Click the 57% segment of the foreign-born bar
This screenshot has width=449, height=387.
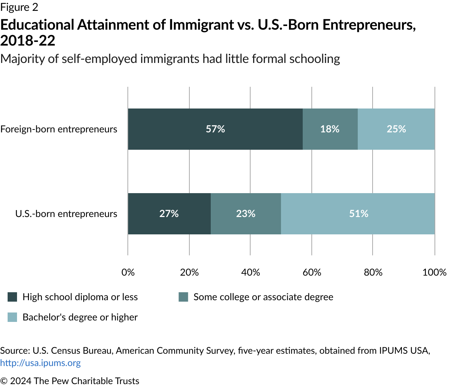[215, 129]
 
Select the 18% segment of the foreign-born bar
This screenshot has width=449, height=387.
[330, 129]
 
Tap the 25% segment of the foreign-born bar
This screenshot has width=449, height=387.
[396, 129]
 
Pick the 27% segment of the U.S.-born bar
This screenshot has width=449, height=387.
[169, 214]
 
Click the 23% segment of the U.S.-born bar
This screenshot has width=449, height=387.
[246, 214]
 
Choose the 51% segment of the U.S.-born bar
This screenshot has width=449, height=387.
[358, 214]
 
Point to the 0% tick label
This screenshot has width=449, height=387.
[128, 272]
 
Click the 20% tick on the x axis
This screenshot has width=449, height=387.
[189, 272]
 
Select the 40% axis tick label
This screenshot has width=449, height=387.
[251, 272]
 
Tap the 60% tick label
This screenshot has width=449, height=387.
[312, 272]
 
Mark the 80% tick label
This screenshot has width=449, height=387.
[373, 272]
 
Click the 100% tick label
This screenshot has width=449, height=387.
[434, 272]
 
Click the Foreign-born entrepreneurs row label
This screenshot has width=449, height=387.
[59, 129]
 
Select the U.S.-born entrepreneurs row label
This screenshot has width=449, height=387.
[66, 214]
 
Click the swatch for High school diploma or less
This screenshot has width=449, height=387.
[12, 297]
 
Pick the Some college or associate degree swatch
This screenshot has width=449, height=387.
[183, 297]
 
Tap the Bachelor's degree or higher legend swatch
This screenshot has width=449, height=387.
[12, 317]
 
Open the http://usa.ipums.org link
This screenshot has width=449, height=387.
[40, 363]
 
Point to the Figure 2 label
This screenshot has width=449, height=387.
[19, 7]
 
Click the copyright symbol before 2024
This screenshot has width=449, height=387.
[4, 381]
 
